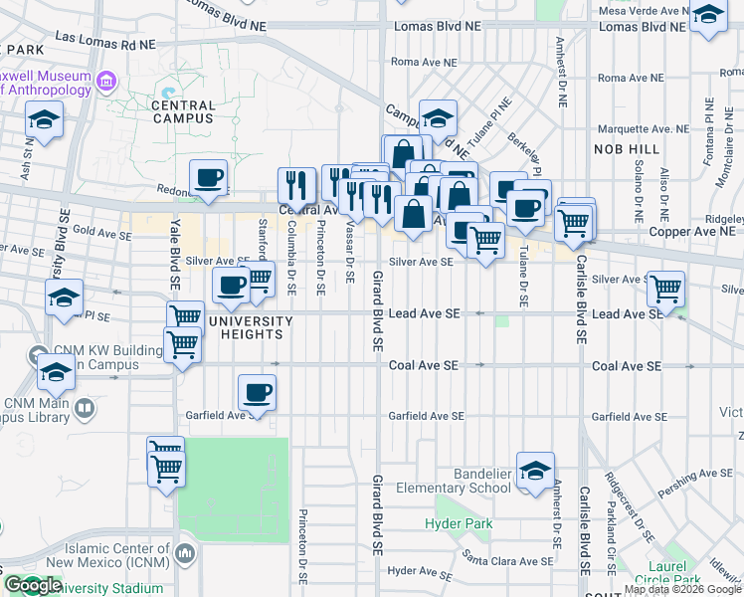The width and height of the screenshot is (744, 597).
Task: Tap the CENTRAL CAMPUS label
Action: point(183,110)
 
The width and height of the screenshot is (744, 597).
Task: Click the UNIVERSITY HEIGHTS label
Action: point(251,327)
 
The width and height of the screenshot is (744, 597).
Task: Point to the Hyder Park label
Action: point(459,523)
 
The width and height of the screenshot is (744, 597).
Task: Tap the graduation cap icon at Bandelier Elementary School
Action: point(535,471)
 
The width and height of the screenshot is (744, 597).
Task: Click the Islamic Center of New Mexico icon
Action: point(184,552)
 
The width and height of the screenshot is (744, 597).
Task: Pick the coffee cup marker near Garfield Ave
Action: point(257,393)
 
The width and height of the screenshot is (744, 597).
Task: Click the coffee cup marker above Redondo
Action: point(209,178)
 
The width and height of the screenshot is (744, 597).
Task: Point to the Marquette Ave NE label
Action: point(643,129)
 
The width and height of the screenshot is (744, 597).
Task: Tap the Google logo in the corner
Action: point(33,585)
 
